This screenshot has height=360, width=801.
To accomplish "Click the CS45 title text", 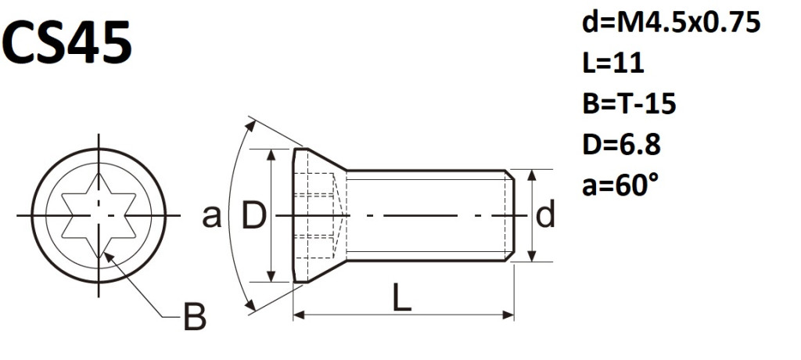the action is pos(67,43).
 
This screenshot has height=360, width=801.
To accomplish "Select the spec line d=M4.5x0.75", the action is pos(671,23).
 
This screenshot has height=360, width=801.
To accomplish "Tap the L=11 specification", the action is pos(613,63).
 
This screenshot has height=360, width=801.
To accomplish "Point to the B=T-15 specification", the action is pos(630,104).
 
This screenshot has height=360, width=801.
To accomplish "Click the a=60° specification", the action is pos(620,185).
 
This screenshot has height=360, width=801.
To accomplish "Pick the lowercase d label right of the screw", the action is pos(545,214).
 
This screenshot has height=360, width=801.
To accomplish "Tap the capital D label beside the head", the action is pos(253,215).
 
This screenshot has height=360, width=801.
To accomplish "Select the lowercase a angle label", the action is pos(211,217).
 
